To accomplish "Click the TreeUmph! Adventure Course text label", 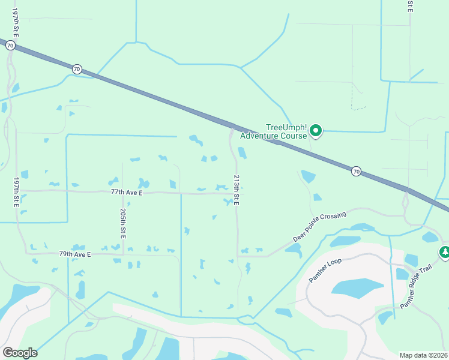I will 273,131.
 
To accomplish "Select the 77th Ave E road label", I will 127,192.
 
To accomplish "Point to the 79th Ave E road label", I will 74,254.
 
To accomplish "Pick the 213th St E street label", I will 237,191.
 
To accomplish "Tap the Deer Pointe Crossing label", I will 320,226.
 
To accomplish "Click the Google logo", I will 20,353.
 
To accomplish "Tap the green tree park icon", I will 444,253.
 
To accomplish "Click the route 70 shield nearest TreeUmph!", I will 356,171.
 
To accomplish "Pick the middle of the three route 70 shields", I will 76,69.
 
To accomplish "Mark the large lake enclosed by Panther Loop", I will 357,288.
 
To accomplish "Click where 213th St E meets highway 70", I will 232,127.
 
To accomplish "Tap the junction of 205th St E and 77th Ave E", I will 122,193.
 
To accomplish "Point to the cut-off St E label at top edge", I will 410,6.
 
